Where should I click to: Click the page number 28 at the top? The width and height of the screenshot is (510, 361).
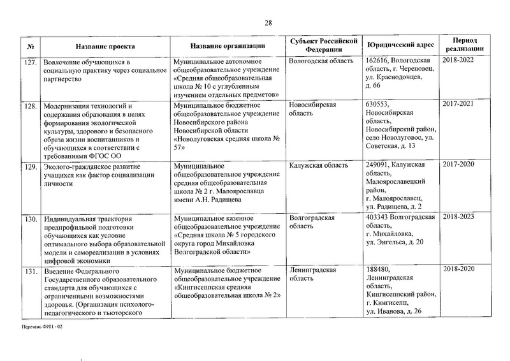(268, 24)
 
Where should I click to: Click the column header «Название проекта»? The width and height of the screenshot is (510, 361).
(101, 47)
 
